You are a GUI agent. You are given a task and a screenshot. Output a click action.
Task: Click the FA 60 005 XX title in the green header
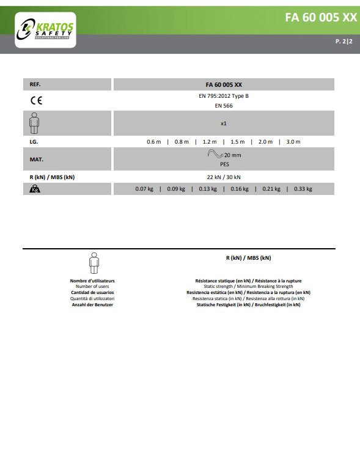[x=320, y=17]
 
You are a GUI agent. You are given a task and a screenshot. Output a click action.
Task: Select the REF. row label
[x=35, y=84]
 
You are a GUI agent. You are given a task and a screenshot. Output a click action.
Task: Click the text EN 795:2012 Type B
[x=224, y=96]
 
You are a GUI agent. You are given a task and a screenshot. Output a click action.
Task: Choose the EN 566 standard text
[x=224, y=106]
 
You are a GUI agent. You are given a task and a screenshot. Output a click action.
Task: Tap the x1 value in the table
[x=224, y=123]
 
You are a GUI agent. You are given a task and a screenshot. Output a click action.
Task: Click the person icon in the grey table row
[x=34, y=123]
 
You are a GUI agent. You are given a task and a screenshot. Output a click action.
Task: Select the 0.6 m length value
[x=153, y=142]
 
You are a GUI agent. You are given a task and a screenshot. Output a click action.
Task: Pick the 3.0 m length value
[x=293, y=142]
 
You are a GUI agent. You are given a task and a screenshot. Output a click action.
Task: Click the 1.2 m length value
[x=210, y=142]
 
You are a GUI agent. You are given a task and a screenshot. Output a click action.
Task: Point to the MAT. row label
[x=36, y=159]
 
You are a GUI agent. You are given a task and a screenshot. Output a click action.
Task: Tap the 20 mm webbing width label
[x=232, y=155]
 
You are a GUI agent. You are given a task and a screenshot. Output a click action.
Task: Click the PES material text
[x=224, y=164]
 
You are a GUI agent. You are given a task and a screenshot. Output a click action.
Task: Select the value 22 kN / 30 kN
[x=224, y=177]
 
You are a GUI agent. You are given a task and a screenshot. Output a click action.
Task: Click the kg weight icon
[x=34, y=189]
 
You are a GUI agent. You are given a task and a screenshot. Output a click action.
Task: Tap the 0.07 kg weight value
[x=144, y=189]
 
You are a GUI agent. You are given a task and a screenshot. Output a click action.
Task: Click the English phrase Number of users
[x=92, y=286]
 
